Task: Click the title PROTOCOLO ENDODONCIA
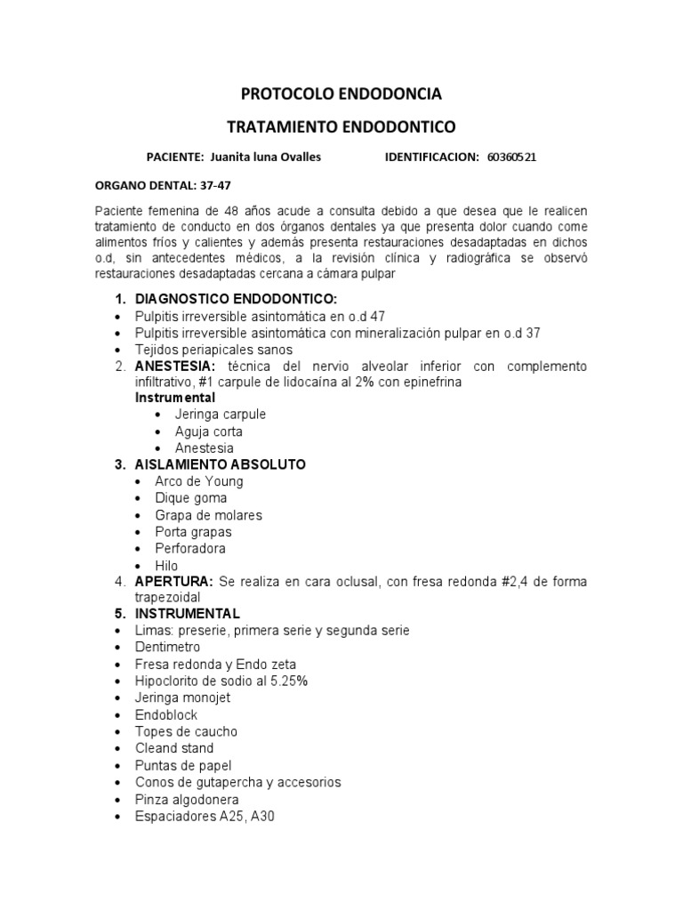[341, 93]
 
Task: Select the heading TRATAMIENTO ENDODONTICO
[341, 126]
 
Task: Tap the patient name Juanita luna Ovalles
[264, 157]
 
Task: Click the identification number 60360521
[511, 157]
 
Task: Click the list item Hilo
[166, 566]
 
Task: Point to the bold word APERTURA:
[173, 582]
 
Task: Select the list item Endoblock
[166, 715]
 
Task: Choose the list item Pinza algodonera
[187, 799]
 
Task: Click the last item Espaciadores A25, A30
[205, 816]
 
